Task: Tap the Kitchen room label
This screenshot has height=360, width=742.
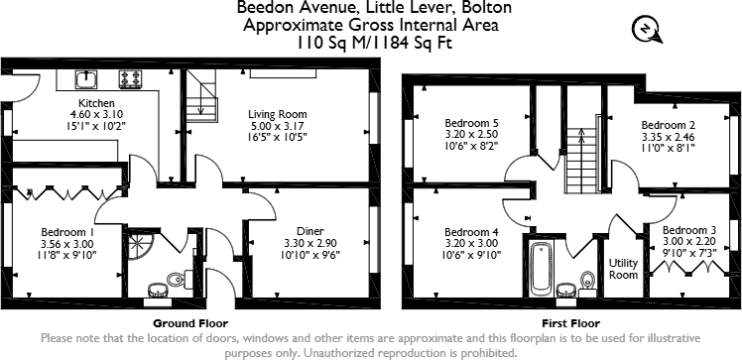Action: coord(97,103)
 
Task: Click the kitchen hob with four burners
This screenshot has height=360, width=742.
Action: coord(130,76)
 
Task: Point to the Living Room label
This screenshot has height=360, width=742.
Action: coord(277,114)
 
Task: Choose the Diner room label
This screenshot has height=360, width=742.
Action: coord(283,230)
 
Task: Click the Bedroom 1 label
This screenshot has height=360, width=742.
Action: coord(66,231)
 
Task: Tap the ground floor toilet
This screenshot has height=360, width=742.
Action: coord(180,280)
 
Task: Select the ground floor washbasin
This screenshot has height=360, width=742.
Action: coord(158,291)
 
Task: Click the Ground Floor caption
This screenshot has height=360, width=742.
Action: coord(190,323)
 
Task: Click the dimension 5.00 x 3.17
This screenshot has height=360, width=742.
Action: coord(277,126)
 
